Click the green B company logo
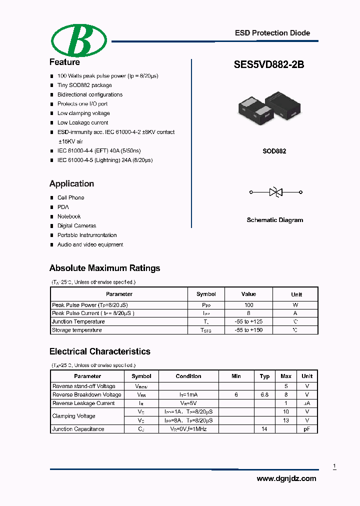[79, 40]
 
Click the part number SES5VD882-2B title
[268, 64]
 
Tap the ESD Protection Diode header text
[272, 33]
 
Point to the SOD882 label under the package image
[274, 151]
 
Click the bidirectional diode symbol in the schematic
[275, 191]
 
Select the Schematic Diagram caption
[274, 220]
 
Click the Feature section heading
[64, 62]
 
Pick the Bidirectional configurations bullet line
[89, 94]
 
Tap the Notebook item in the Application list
[69, 216]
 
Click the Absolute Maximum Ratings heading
[104, 268]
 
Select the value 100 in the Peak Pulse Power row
[248, 305]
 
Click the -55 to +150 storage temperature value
[248, 330]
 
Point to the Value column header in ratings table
[248, 294]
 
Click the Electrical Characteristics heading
[99, 351]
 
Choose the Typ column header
[264, 376]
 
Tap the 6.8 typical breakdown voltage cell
[264, 394]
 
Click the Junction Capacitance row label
[78, 429]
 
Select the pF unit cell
[307, 429]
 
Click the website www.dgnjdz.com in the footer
[286, 478]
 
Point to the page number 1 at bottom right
[334, 466]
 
